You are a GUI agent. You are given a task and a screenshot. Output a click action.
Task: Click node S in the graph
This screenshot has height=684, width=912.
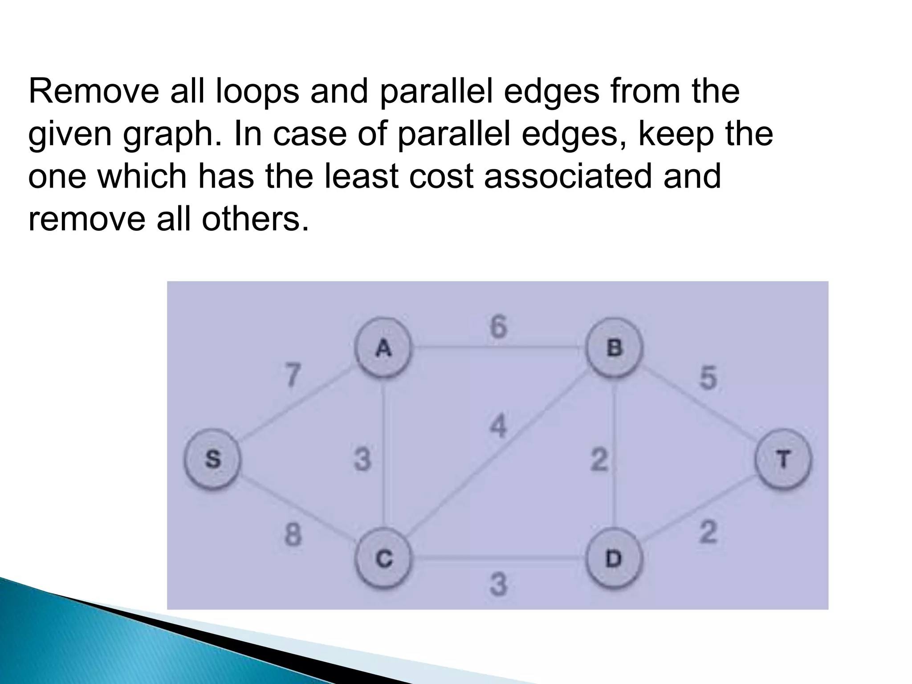click(213, 459)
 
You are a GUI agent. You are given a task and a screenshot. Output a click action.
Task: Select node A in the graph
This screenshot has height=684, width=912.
click(383, 348)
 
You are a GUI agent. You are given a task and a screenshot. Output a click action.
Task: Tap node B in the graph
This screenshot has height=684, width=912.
click(614, 348)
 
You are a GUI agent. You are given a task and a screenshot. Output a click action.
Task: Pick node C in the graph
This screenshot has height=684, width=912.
click(383, 558)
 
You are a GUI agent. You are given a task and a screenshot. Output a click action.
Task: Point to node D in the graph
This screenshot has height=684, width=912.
click(614, 558)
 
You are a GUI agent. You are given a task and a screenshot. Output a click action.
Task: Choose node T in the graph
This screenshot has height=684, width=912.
click(783, 459)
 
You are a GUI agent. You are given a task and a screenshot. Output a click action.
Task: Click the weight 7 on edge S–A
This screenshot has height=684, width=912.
click(293, 375)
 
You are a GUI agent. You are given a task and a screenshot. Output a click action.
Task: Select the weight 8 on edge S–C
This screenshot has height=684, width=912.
click(293, 535)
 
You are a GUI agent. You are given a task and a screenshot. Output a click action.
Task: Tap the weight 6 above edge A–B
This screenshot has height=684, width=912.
click(498, 327)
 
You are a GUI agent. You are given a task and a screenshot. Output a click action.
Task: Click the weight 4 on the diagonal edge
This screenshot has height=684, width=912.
click(498, 426)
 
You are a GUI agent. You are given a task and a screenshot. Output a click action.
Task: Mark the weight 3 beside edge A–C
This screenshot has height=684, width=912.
click(362, 460)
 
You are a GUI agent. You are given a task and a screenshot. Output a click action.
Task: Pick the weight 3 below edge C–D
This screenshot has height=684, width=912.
click(498, 585)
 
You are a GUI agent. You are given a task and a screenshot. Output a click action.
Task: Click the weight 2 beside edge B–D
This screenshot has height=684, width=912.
click(599, 460)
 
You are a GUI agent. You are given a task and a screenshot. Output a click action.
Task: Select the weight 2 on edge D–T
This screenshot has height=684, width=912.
click(708, 532)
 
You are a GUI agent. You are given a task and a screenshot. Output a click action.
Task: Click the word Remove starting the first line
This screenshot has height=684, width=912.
click(94, 92)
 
